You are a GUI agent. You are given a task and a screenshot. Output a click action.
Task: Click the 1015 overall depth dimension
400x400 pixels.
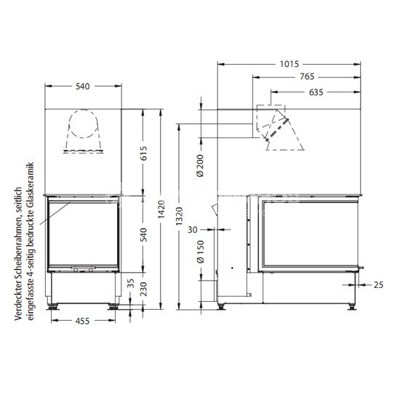tap(289, 64)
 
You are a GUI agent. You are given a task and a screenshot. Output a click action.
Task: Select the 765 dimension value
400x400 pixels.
tap(307, 76)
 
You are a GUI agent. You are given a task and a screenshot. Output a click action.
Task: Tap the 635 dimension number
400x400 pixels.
tap(316, 92)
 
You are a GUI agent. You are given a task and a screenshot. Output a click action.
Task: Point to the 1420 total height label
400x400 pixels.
tap(161, 209)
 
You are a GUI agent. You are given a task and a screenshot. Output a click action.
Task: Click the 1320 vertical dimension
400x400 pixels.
tap(180, 216)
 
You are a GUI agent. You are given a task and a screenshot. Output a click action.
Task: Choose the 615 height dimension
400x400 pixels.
tap(144, 153)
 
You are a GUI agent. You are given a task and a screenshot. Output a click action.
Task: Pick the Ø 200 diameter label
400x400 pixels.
tap(200, 166)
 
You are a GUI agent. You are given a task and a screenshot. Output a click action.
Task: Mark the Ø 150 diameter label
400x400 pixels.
tap(200, 252)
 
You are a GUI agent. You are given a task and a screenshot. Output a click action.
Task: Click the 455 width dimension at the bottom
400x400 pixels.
tap(83, 321)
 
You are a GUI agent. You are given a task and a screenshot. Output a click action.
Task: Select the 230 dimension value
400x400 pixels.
tap(144, 289)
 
